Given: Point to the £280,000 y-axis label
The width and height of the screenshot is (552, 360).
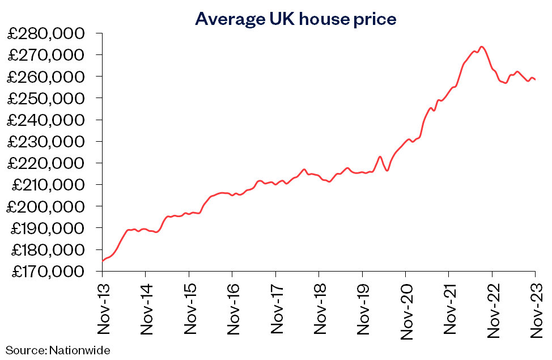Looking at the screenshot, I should coord(50,33).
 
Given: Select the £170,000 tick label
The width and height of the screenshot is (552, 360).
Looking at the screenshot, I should coord(50,272).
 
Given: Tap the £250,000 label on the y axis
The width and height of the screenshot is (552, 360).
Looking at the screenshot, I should coord(50,99).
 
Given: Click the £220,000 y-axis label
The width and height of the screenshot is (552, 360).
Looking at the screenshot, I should coord(50,163).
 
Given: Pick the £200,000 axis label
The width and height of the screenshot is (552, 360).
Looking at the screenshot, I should coord(50,207).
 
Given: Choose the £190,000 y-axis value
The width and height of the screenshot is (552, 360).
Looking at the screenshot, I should coord(50,228).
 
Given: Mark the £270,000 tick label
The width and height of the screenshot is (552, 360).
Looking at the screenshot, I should coord(50,55).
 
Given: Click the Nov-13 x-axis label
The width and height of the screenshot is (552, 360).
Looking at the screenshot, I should coord(102,307).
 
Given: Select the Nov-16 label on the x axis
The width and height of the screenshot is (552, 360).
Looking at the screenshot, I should coord(232,307).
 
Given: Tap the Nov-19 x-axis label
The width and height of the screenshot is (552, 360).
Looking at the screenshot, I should coord(362,307).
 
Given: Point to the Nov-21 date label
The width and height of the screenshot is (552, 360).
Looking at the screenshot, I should coord(449,307).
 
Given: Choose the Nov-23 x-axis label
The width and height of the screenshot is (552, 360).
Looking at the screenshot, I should coord(536,307).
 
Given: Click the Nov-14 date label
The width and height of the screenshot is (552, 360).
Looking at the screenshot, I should coord(146,307).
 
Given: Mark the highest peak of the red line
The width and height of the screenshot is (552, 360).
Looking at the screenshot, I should coord(481,46).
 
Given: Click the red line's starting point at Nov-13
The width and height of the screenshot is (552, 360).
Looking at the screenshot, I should coord(103,261).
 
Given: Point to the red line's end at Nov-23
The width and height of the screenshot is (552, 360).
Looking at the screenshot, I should coord(536,80).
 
